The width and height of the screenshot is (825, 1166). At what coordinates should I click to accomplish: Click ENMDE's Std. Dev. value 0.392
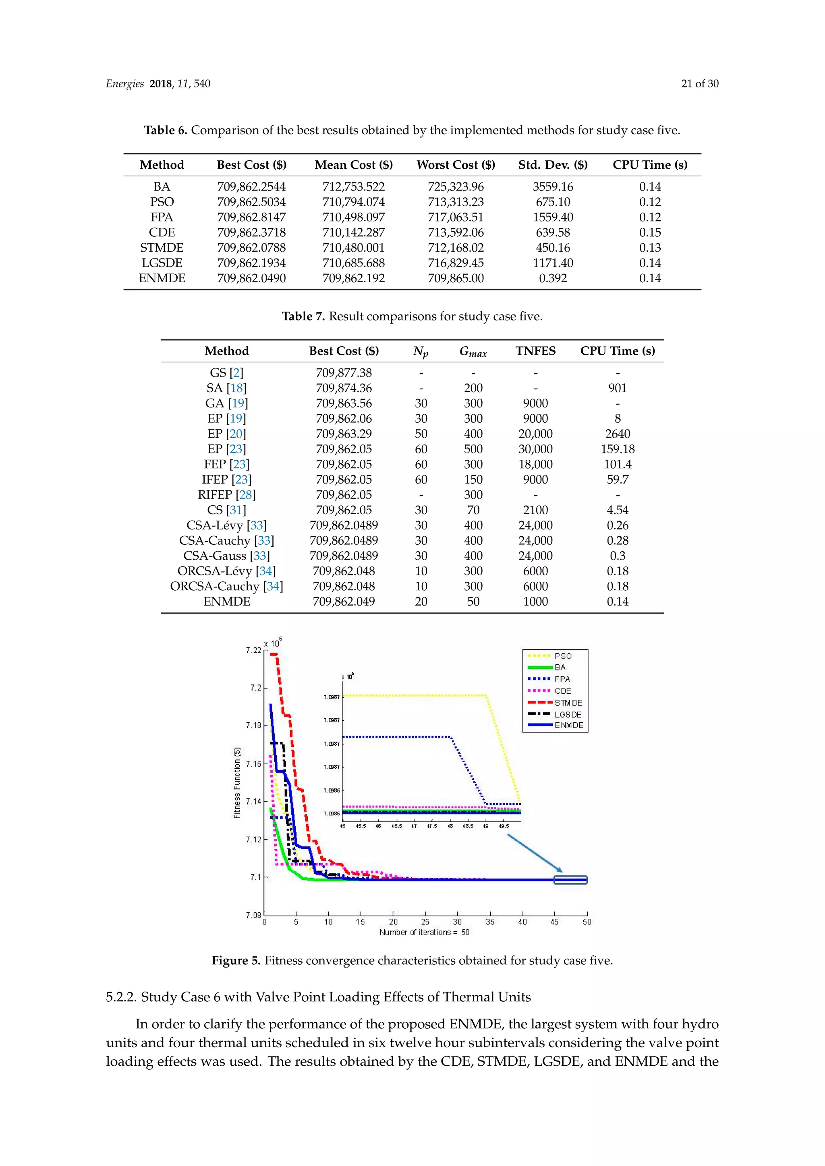click(x=552, y=278)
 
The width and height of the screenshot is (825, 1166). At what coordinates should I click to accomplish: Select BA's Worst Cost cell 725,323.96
click(x=455, y=187)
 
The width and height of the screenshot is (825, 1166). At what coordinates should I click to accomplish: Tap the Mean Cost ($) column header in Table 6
click(x=354, y=165)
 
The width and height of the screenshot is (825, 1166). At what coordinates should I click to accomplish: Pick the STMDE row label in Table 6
click(x=162, y=248)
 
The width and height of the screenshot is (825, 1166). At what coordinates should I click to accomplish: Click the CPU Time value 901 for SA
click(x=617, y=388)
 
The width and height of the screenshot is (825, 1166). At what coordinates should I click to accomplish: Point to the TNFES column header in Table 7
click(x=535, y=351)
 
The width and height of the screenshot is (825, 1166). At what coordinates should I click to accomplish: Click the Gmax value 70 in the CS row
click(x=473, y=510)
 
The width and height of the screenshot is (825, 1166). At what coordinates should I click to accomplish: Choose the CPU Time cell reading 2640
click(x=617, y=434)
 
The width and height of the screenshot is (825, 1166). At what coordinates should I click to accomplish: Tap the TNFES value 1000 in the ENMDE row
click(x=535, y=601)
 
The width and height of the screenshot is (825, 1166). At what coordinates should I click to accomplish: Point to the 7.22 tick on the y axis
click(x=253, y=650)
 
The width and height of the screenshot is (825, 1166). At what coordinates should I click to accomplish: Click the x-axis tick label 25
click(x=425, y=922)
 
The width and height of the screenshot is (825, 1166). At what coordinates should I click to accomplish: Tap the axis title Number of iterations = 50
click(x=424, y=932)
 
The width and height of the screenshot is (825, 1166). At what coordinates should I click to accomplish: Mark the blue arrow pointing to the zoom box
click(x=535, y=853)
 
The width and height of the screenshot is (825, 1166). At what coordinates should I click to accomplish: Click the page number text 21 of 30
click(x=700, y=84)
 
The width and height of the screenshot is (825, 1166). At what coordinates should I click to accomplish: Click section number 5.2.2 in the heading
click(x=120, y=997)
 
